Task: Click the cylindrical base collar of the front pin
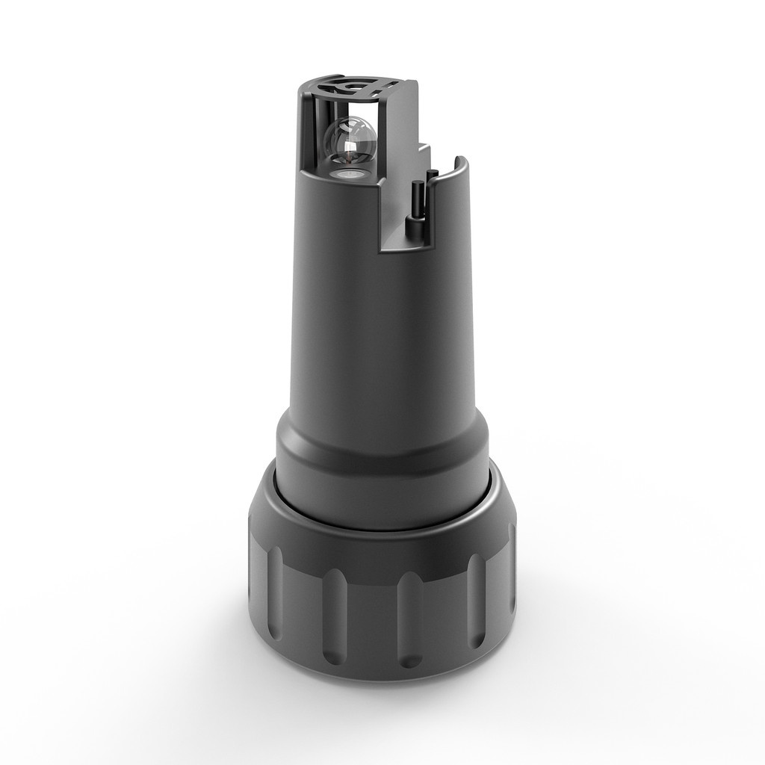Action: [412, 226]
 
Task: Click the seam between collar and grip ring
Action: [381, 527]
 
